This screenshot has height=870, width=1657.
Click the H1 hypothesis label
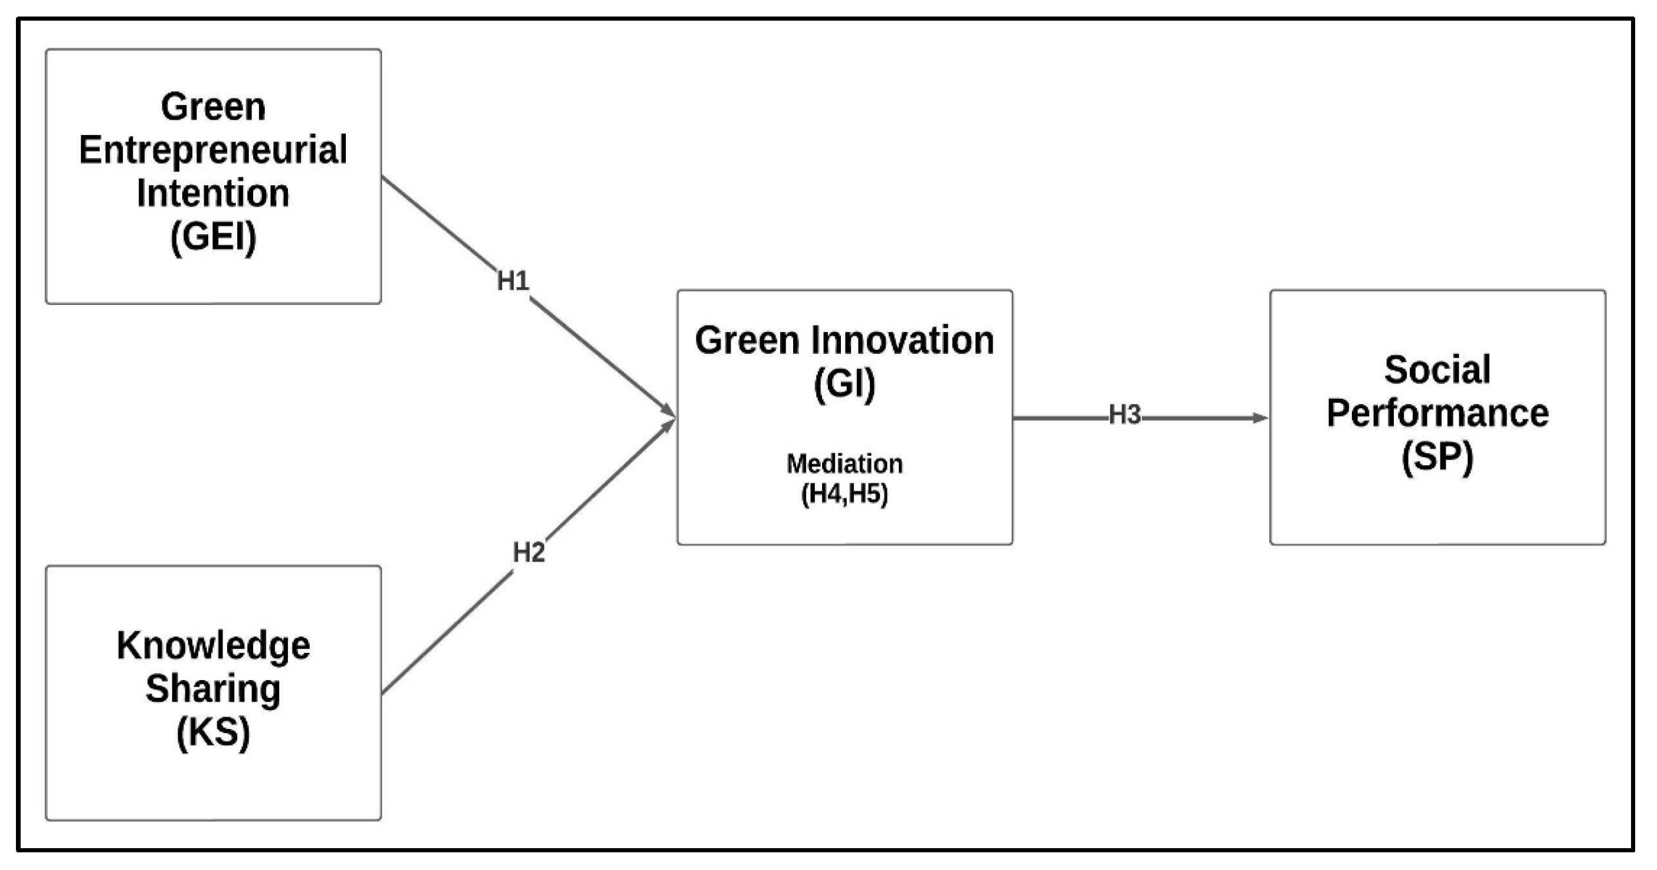pos(513,281)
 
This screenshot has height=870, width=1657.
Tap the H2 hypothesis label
pos(529,552)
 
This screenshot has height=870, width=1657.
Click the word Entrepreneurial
pos(213,150)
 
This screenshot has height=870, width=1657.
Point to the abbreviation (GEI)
pos(213,237)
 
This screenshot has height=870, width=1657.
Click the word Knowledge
pos(213,646)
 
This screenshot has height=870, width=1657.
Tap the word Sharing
pos(213,689)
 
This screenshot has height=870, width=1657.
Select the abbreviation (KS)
pos(213,733)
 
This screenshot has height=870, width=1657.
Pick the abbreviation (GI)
pos(844,384)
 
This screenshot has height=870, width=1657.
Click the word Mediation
pos(844,464)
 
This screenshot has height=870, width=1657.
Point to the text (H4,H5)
pos(844,494)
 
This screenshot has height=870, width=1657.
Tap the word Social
pos(1437,370)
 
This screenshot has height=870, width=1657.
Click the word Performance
pos(1437,413)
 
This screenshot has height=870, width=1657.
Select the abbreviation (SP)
pos(1437,457)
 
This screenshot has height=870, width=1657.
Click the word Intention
pos(213,193)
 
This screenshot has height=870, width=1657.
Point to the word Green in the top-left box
pos(213,107)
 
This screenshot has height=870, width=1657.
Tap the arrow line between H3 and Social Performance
pos(1197,419)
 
